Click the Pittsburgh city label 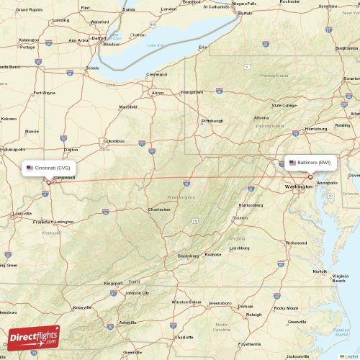click(x=212, y=120)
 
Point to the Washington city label click(x=298, y=186)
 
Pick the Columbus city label click(x=114, y=141)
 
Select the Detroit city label click(x=99, y=37)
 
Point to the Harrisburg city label click(x=316, y=129)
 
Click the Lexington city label click(x=64, y=222)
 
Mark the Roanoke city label click(x=213, y=254)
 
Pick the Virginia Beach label click(x=339, y=278)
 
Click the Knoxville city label click(x=81, y=307)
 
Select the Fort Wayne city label click(x=44, y=93)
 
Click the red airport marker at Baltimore click(x=310, y=176)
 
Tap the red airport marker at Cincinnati click(x=48, y=181)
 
